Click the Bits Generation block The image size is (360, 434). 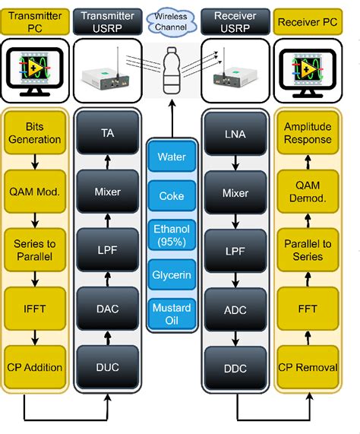click(33, 133)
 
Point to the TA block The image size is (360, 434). click(108, 133)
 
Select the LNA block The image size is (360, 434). click(235, 133)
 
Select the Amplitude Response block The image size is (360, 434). click(307, 133)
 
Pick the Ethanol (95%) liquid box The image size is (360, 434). click(172, 233)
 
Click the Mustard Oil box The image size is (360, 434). click(172, 312)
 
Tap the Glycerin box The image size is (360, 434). click(172, 274)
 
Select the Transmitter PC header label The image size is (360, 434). click(33, 21)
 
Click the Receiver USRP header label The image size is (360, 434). click(235, 21)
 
